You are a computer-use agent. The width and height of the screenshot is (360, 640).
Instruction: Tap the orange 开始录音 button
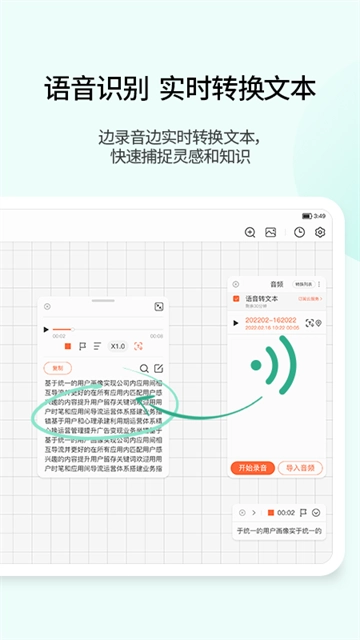point(249,467)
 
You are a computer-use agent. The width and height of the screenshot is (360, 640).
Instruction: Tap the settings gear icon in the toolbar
point(320,232)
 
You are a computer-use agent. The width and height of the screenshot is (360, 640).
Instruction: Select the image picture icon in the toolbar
point(270,232)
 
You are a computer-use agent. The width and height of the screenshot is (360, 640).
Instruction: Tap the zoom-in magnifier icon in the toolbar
point(250,232)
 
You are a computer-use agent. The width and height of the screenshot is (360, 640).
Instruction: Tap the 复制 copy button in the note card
point(58,368)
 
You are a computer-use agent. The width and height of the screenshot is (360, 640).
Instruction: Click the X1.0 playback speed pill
point(118,346)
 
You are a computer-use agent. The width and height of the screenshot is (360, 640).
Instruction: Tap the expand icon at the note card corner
point(158,307)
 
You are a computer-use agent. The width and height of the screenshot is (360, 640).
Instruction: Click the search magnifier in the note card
point(144,368)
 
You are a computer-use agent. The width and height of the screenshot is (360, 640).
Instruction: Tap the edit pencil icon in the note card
point(158,368)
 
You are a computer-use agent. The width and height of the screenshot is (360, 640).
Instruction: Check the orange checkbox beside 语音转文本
point(236,298)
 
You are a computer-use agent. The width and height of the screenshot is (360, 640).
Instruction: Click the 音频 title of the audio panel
point(277,284)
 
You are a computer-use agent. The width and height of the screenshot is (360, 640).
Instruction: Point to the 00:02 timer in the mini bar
point(286,512)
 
